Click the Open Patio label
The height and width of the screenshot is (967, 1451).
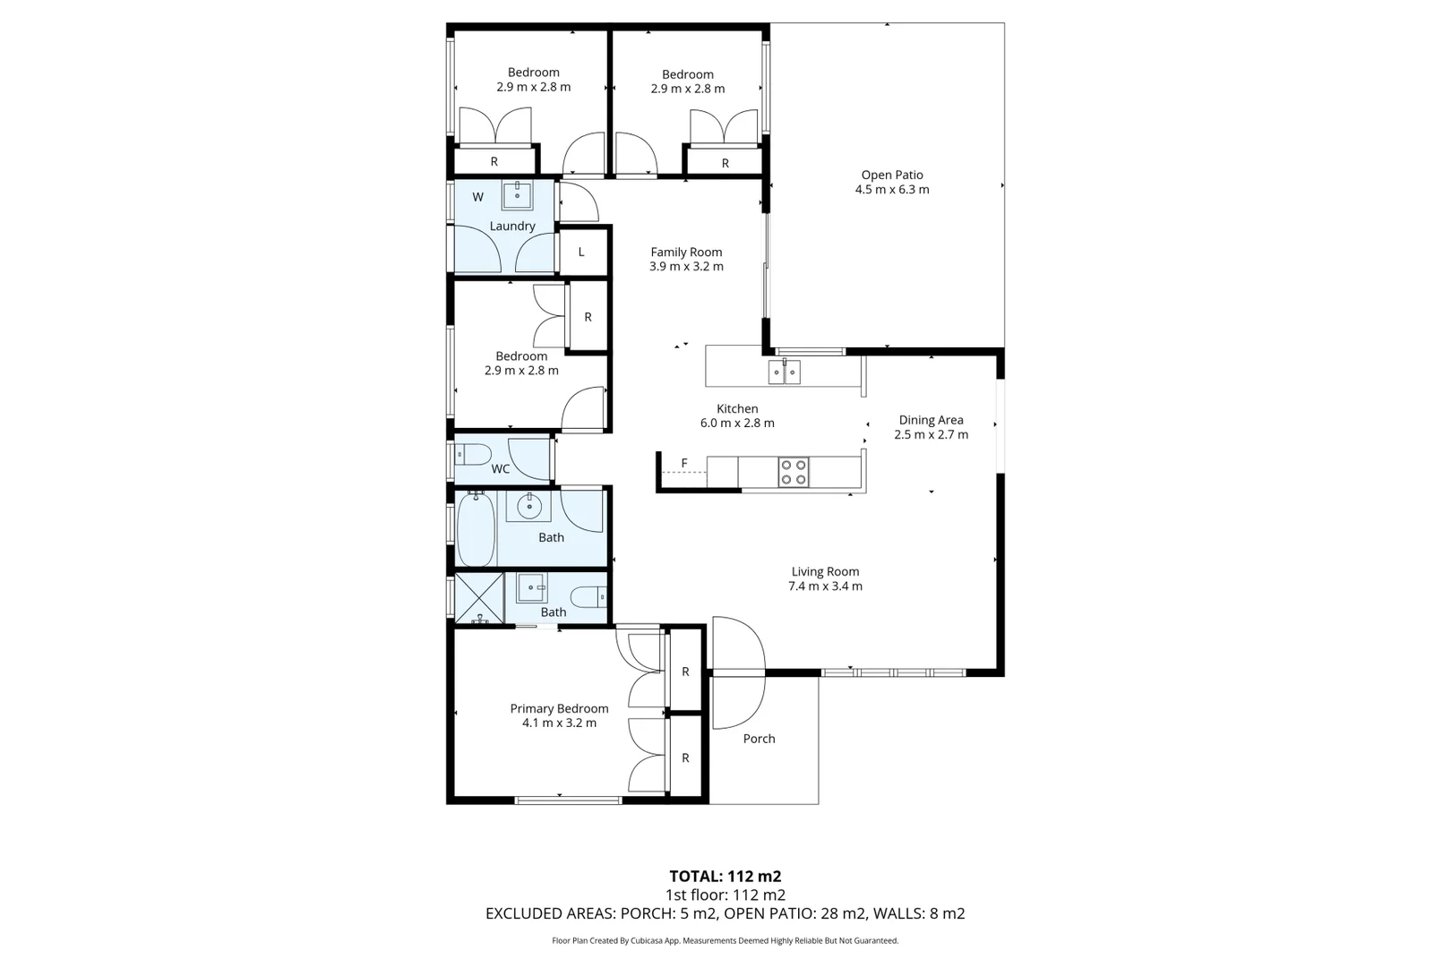[891, 175]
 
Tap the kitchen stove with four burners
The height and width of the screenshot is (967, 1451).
[793, 472]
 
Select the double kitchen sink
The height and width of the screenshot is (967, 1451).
[785, 372]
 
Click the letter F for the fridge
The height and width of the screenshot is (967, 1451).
[684, 463]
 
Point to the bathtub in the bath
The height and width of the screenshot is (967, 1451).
[476, 529]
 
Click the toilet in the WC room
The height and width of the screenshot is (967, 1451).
[471, 455]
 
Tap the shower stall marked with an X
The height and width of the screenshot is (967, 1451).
[478, 598]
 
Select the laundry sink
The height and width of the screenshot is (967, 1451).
[518, 193]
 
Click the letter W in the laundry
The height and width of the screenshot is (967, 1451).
[477, 197]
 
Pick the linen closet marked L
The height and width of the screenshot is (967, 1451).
[581, 252]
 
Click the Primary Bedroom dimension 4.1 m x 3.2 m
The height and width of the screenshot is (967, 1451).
[559, 723]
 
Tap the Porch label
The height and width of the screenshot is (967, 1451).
[759, 739]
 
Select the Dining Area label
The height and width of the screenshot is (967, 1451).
[931, 420]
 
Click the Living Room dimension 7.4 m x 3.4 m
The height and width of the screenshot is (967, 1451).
[825, 586]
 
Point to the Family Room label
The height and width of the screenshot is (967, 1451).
[686, 252]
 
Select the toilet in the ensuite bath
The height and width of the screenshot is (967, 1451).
[589, 595]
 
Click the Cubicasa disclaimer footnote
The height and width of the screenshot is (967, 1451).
[725, 941]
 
